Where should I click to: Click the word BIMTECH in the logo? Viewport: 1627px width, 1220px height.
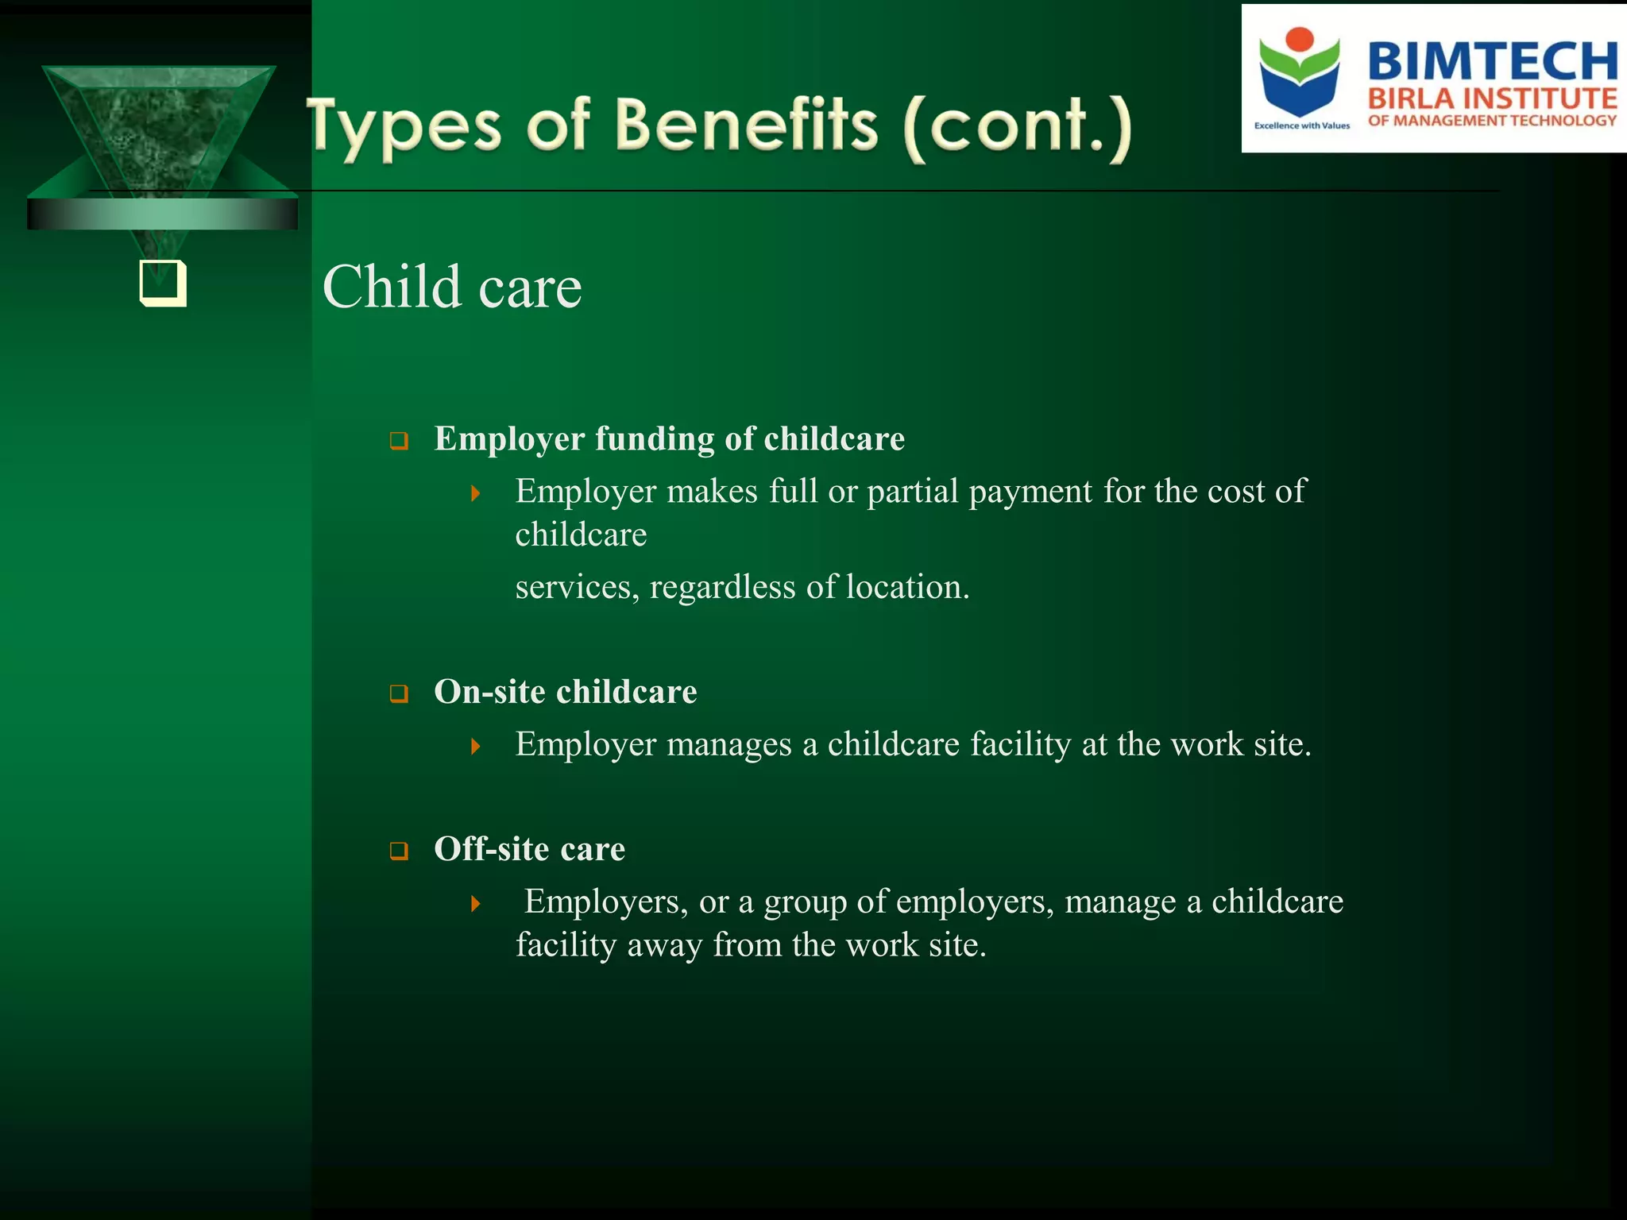point(1492,62)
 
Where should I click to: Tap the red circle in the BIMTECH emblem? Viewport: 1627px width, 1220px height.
point(1300,40)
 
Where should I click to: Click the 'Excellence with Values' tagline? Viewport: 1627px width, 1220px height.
point(1301,125)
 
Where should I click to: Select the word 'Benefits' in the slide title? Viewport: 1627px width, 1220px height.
point(747,125)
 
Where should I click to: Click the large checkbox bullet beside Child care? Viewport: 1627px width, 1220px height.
point(163,283)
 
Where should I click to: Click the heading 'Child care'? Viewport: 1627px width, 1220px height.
point(451,287)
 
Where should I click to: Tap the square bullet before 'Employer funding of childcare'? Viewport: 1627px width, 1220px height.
point(399,441)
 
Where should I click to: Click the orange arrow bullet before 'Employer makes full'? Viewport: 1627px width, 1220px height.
point(475,493)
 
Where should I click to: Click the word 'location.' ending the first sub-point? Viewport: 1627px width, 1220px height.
point(907,588)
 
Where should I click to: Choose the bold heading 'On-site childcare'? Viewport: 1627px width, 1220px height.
point(565,692)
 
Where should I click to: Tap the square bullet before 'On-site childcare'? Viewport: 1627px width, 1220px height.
point(399,694)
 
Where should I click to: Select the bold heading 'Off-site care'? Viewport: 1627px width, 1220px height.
point(529,849)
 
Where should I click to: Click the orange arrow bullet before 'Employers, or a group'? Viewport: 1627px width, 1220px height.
point(475,903)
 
